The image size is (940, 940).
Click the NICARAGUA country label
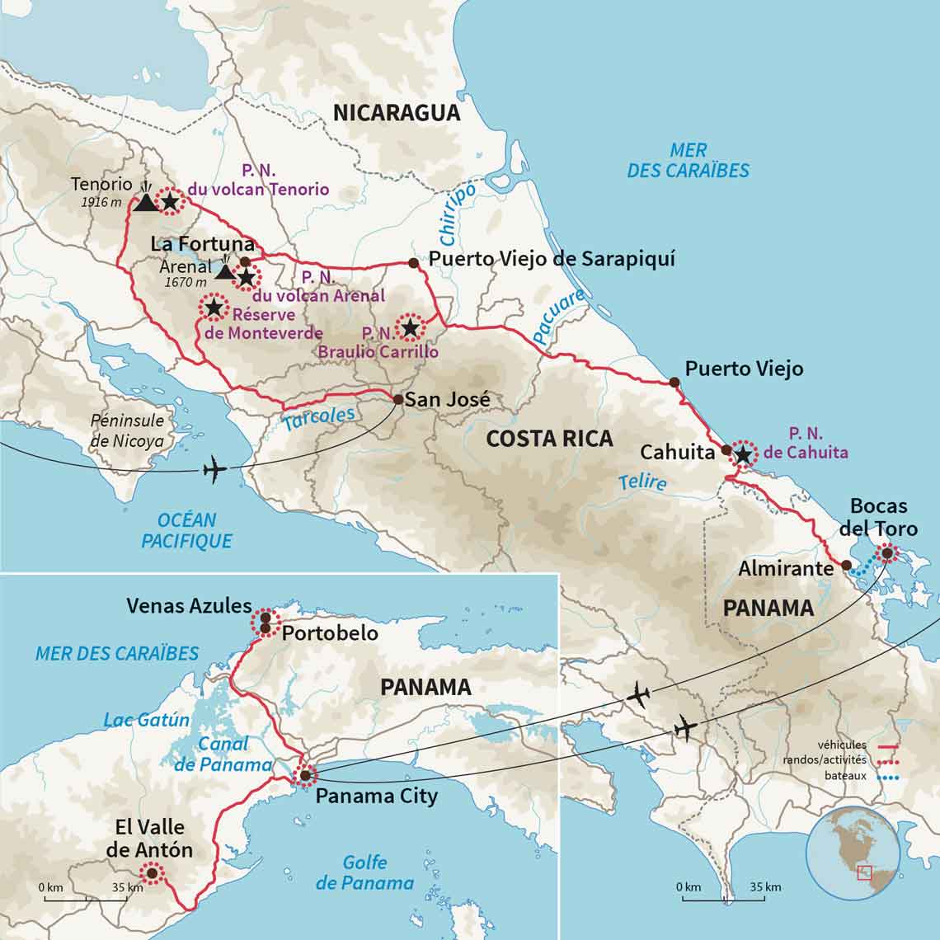[x=397, y=113]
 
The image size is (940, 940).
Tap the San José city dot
[x=398, y=400]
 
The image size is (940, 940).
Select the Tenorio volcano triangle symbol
[x=145, y=201]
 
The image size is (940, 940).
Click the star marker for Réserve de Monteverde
[x=214, y=308]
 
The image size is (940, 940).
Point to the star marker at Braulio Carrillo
[x=410, y=328]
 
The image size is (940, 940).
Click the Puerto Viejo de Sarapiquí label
[x=552, y=259]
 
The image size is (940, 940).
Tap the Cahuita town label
[x=677, y=452]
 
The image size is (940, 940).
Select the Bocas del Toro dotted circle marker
[x=886, y=554]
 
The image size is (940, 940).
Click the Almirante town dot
[x=846, y=565]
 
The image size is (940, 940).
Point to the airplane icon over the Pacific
[x=214, y=471]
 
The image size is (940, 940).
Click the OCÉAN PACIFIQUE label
[x=186, y=530]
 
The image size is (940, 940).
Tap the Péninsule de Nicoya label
[x=126, y=431]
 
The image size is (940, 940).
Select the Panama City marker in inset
[x=305, y=775]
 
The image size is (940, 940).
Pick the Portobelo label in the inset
[x=330, y=633]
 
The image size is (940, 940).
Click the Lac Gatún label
[x=146, y=720]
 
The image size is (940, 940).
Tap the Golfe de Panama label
[x=364, y=872]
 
